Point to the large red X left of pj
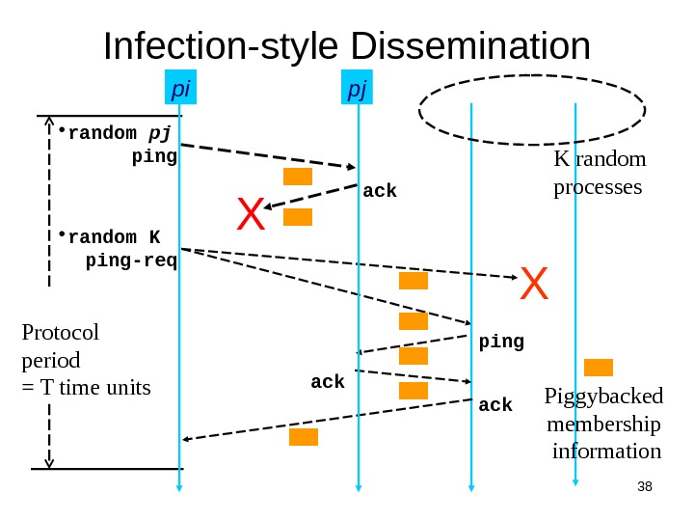(x=251, y=215)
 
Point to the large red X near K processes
(x=533, y=285)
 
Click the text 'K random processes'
(x=599, y=172)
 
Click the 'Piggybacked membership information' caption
(x=604, y=424)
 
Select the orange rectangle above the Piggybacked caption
(x=599, y=367)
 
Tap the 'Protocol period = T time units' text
(x=85, y=360)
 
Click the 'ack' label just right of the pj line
(x=380, y=191)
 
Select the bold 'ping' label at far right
(x=501, y=342)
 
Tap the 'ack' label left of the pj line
(x=328, y=383)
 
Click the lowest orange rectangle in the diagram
(x=304, y=437)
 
